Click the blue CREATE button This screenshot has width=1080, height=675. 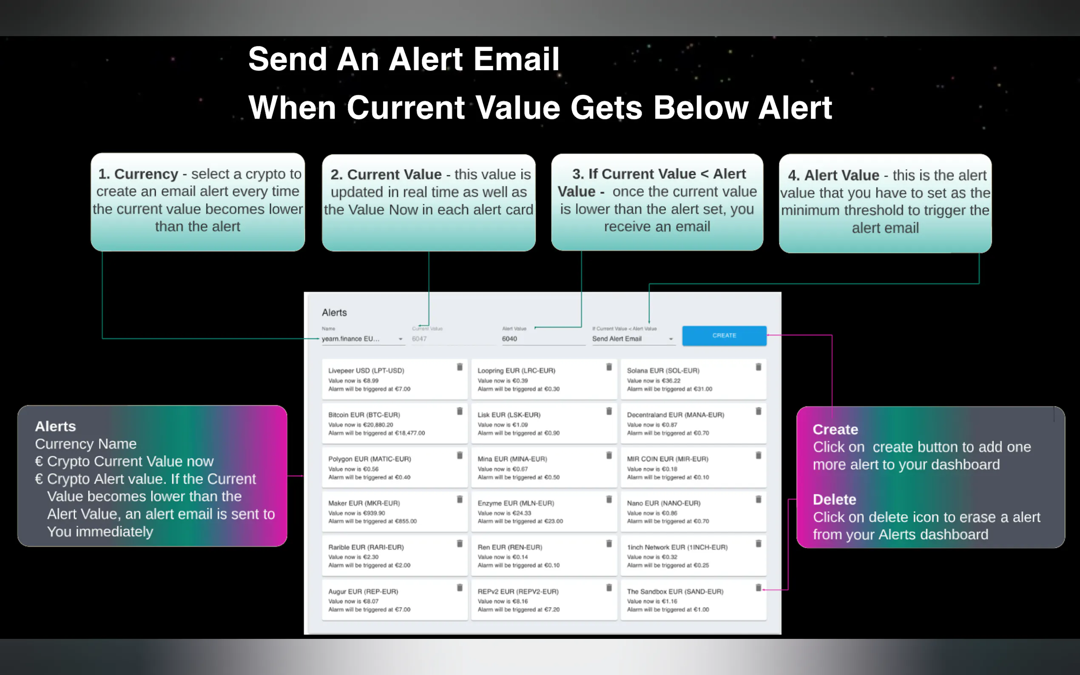click(x=724, y=336)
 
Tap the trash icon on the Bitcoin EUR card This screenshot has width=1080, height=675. click(x=459, y=411)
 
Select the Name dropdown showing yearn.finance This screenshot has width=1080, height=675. click(x=363, y=339)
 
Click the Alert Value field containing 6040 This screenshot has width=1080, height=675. click(x=543, y=339)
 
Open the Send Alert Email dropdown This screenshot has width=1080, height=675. click(x=633, y=339)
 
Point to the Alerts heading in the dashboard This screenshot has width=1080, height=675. click(x=334, y=312)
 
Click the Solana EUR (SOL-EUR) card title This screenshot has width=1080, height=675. click(x=663, y=371)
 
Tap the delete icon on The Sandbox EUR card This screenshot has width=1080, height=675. click(x=758, y=588)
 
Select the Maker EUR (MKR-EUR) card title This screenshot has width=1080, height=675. click(x=364, y=503)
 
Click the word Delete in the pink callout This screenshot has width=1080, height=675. click(x=834, y=499)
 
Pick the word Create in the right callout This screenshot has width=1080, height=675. click(x=836, y=429)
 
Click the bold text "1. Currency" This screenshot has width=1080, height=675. click(x=138, y=174)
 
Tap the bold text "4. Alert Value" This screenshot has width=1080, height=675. click(x=833, y=176)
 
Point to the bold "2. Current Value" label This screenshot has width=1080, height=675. click(x=386, y=175)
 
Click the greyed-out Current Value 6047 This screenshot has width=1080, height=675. click(x=419, y=339)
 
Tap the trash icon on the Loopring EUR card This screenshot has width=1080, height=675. click(x=608, y=367)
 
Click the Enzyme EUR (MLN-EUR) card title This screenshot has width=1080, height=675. click(x=516, y=503)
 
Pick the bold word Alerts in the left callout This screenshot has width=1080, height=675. click(x=55, y=426)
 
